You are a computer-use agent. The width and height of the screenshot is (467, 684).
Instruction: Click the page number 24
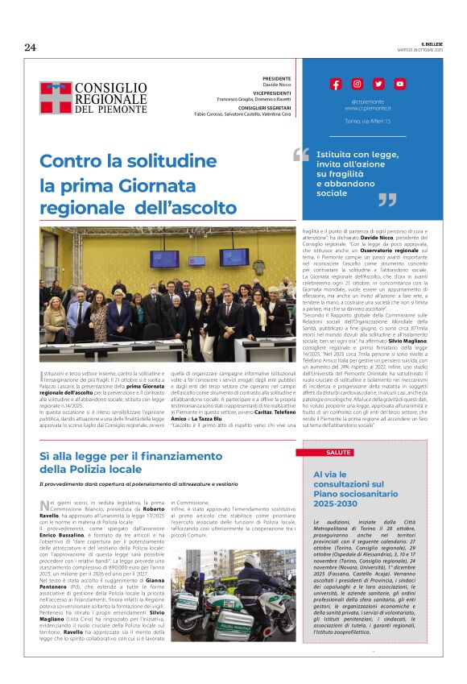[31, 47]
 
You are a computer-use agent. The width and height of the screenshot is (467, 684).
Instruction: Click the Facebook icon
[337, 84]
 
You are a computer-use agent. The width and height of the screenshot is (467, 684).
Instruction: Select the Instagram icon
[357, 84]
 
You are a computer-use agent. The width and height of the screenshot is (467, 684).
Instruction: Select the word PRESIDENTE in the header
[275, 80]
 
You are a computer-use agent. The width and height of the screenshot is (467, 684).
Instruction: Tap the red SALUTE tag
[338, 452]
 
